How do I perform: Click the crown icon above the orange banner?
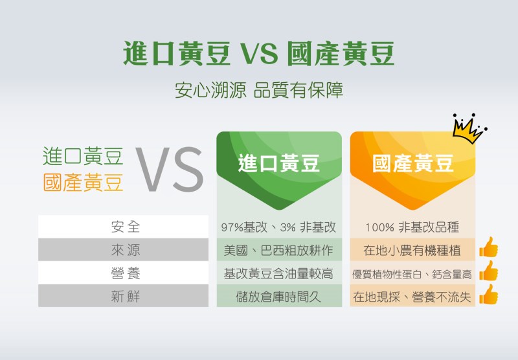click(x=469, y=129)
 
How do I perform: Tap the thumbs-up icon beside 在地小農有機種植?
click(x=489, y=247)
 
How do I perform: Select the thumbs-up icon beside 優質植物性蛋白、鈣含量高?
click(x=489, y=271)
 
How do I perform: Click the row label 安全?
click(x=126, y=227)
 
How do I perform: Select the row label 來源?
click(x=126, y=250)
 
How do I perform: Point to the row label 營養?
click(x=126, y=273)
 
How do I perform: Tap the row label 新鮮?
click(x=126, y=297)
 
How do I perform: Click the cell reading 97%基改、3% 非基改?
click(x=278, y=227)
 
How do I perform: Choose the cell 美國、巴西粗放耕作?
click(x=278, y=251)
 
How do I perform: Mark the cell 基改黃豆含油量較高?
click(x=278, y=274)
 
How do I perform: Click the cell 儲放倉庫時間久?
click(x=278, y=297)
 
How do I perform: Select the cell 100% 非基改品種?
click(x=412, y=227)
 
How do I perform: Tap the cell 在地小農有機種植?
click(x=412, y=251)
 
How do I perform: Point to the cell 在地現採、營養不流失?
click(x=412, y=297)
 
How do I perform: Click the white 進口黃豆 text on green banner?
click(x=279, y=163)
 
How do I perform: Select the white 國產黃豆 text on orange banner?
click(x=413, y=163)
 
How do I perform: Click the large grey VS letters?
click(x=170, y=169)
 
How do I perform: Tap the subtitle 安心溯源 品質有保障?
click(x=259, y=90)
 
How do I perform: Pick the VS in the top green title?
click(x=258, y=54)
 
